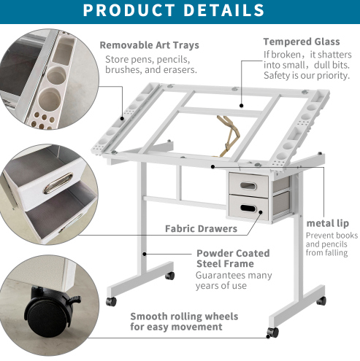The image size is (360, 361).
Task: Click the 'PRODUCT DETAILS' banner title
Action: (x=174, y=10)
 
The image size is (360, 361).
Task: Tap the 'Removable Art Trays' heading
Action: (x=150, y=45)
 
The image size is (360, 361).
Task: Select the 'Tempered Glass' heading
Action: (x=302, y=42)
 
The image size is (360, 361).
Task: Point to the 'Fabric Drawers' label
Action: (x=201, y=229)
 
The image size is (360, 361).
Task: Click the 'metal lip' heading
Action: (x=328, y=223)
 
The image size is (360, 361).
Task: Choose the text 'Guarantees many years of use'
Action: (x=234, y=280)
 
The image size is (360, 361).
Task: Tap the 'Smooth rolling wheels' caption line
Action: (x=184, y=317)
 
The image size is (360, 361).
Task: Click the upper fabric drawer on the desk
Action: (x=248, y=185)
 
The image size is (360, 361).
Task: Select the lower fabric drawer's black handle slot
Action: (x=248, y=208)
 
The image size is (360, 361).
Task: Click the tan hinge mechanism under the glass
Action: (x=228, y=136)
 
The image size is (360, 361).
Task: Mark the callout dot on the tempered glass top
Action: (x=241, y=106)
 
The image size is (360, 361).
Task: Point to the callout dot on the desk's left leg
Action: (x=145, y=254)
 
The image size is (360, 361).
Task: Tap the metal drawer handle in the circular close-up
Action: (x=58, y=183)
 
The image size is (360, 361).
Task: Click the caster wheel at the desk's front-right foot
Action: (x=273, y=333)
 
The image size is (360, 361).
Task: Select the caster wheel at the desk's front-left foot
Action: (x=111, y=301)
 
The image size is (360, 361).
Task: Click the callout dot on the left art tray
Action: (x=122, y=118)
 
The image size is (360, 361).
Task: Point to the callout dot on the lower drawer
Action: (x=261, y=212)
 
